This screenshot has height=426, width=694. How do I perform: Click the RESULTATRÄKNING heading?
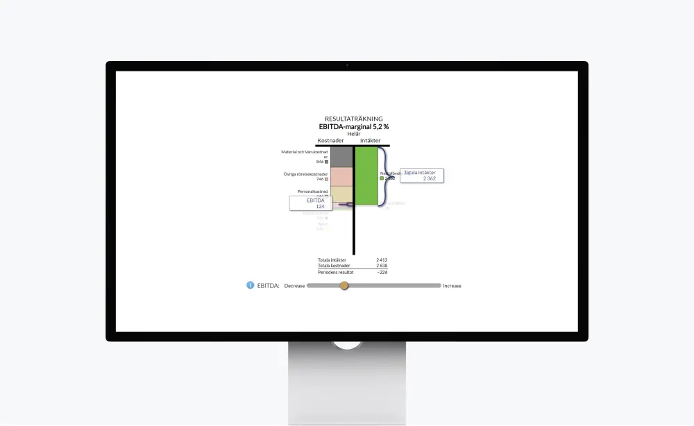tap(353, 119)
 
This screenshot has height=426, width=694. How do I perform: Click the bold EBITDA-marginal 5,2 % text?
tap(353, 126)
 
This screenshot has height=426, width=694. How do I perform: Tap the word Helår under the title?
tap(353, 134)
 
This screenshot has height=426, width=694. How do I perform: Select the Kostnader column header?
tap(330, 141)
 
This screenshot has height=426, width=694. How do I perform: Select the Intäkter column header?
tap(370, 141)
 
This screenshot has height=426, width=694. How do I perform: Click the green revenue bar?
tap(366, 176)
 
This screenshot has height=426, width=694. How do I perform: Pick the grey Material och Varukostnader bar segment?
tap(341, 157)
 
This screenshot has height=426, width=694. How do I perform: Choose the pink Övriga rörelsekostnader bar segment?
tap(341, 176)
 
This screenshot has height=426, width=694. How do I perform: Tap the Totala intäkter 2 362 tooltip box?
tap(421, 176)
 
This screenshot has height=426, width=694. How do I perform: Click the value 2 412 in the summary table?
tap(381, 260)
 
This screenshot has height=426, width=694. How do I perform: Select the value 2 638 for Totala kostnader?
tap(381, 266)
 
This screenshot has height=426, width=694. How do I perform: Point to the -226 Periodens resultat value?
tap(382, 272)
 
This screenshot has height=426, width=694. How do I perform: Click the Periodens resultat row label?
tap(336, 272)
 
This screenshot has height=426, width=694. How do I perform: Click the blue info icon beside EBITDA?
tap(251, 285)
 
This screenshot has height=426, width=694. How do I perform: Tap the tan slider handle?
tap(344, 285)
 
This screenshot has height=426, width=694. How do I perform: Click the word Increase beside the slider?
tap(452, 286)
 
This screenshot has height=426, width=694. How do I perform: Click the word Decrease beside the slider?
tap(294, 286)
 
